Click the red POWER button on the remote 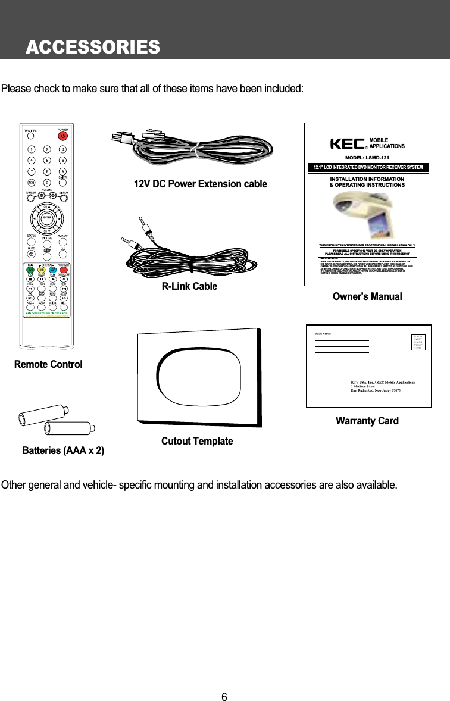click(x=62, y=136)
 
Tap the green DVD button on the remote click(x=30, y=270)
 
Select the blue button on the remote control click(x=53, y=270)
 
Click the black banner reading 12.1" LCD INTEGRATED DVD click(x=367, y=168)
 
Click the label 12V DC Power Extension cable click(x=201, y=184)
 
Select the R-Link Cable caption click(x=189, y=287)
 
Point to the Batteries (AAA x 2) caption click(x=63, y=451)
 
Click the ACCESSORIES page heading click(x=92, y=46)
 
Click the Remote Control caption click(x=48, y=364)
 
